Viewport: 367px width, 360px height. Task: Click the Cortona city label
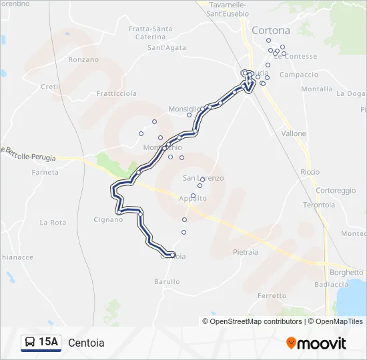tap(270, 31)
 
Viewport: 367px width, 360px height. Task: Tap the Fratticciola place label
tap(117, 94)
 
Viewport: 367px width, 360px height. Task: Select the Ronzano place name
tap(83, 59)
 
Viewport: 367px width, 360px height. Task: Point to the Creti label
tap(51, 87)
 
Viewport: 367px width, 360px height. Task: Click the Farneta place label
tap(45, 172)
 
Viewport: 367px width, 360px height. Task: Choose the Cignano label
tap(108, 219)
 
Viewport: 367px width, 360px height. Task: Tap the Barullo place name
tap(167, 282)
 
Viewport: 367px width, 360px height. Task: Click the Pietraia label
tap(246, 253)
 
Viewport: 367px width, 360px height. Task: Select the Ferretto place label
tap(272, 295)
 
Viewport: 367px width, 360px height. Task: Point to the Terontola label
tap(319, 205)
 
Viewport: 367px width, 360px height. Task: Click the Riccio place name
tap(310, 172)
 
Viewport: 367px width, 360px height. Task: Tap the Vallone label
tap(294, 134)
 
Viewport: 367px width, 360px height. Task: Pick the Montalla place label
tap(317, 89)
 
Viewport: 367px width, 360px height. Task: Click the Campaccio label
tap(299, 75)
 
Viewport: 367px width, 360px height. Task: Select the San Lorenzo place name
tap(204, 178)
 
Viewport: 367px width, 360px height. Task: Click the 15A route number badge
tap(49, 343)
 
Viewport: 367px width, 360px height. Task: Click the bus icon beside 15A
tap(30, 343)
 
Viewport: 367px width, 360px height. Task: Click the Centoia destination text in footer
tap(86, 343)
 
